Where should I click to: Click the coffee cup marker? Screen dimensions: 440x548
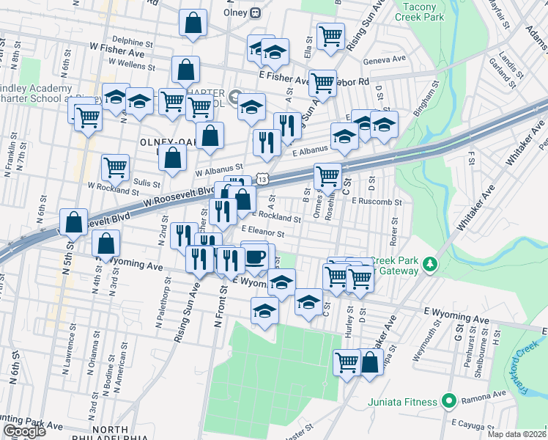coord(256,257)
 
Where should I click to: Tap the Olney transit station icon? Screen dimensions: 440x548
coord(256,12)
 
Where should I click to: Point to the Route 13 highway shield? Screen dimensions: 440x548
coord(264,178)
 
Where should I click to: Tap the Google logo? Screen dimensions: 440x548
coord(23,431)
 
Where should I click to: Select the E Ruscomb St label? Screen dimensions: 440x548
coord(377,202)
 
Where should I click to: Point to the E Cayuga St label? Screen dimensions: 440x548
coord(477,423)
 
